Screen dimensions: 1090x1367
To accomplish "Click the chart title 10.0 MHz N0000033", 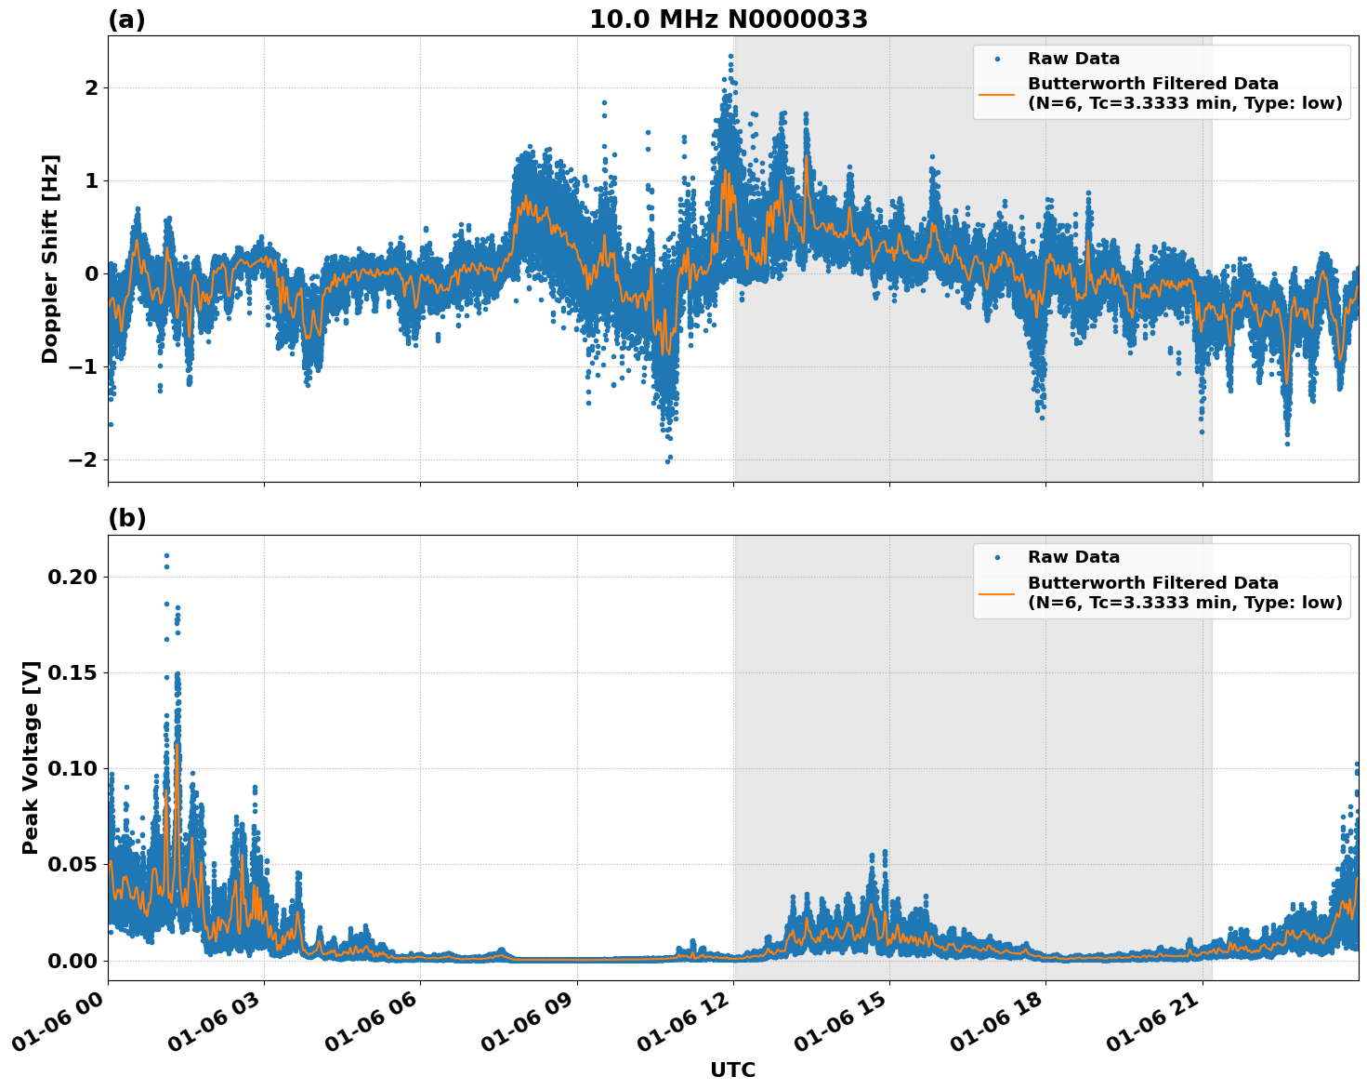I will click(x=729, y=20).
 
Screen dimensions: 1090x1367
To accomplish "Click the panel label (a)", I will click(x=126, y=20).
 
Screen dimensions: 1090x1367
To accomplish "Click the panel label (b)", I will click(x=126, y=518).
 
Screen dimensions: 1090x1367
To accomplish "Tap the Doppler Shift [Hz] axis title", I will click(x=50, y=259).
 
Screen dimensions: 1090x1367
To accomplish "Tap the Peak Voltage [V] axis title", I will click(x=31, y=757).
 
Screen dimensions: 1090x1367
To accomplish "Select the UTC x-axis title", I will click(x=732, y=1070).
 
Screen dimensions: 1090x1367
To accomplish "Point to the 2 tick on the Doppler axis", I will click(x=91, y=87).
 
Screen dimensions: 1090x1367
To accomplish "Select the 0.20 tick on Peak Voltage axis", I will click(x=72, y=577).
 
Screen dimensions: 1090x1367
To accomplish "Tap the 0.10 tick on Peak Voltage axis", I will click(x=72, y=768).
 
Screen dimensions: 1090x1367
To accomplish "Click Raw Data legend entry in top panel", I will click(x=1073, y=59).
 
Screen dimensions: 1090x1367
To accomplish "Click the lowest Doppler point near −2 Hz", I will click(x=667, y=461).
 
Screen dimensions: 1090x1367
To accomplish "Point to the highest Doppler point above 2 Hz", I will click(x=730, y=56).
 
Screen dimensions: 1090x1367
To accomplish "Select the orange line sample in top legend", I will click(x=996, y=93).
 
